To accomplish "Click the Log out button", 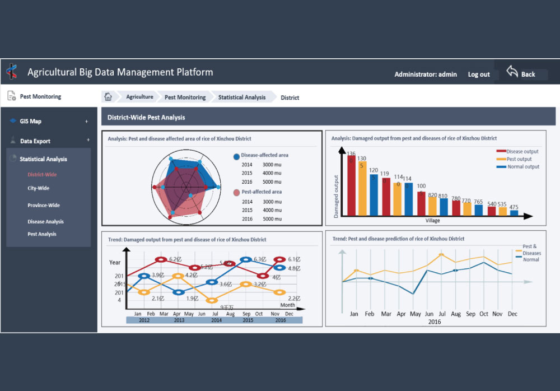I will click(x=479, y=75).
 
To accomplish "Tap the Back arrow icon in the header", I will click(x=512, y=72).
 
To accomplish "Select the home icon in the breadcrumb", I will click(x=109, y=97).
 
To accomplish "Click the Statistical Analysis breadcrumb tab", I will click(x=242, y=97).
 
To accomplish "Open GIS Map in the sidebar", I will click(x=31, y=122).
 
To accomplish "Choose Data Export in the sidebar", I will click(x=35, y=141).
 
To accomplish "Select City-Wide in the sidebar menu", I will click(x=39, y=188).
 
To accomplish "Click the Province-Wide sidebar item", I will click(x=44, y=206).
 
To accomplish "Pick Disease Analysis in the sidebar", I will click(x=46, y=222).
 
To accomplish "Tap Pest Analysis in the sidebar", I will click(x=42, y=234).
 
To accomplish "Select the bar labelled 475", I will click(x=514, y=213).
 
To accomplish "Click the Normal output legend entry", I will click(x=522, y=167).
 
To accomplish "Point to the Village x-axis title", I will click(x=432, y=221).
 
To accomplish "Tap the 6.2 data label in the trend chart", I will click(x=175, y=259).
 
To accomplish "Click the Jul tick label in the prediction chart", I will click(x=442, y=314).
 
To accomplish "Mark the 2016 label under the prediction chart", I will click(x=434, y=322).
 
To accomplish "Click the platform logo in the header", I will click(x=12, y=72).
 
